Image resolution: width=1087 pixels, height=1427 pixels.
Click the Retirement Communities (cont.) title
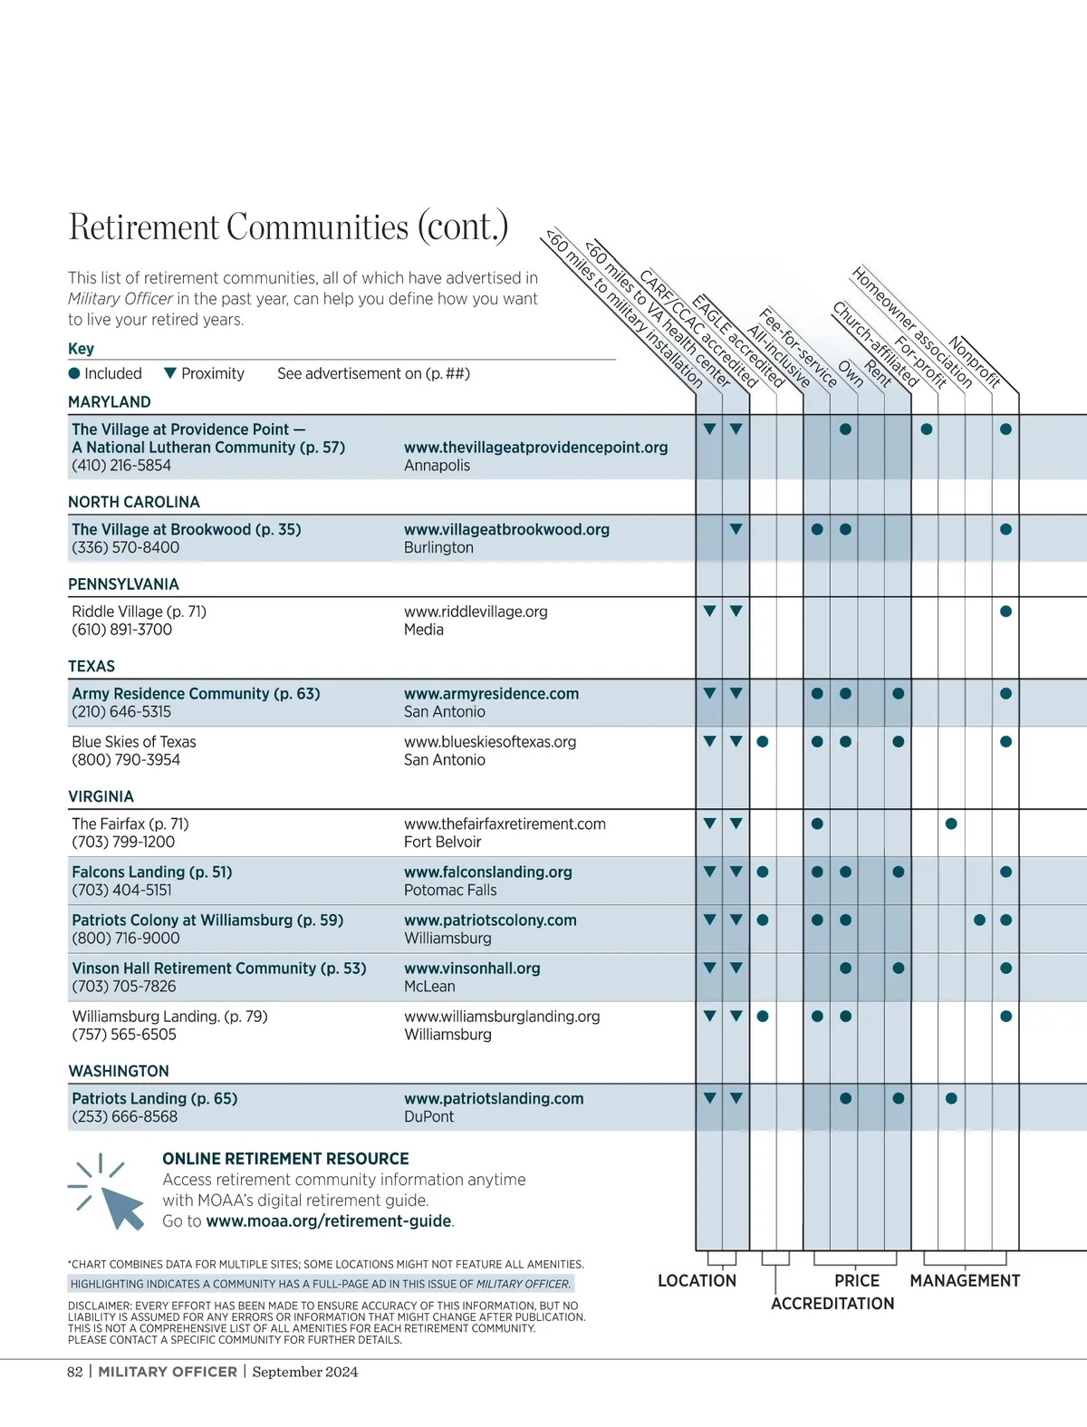point(288,227)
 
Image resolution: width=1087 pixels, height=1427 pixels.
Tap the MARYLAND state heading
point(110,402)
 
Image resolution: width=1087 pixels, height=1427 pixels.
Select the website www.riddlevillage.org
point(476,612)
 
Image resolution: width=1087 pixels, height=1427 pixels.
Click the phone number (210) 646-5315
point(121,712)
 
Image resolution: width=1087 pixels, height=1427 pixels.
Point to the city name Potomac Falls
point(450,891)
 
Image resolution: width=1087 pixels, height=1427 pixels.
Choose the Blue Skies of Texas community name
point(134,742)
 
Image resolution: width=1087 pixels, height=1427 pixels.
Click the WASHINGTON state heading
point(119,1071)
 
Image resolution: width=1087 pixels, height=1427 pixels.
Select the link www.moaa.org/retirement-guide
point(329,1221)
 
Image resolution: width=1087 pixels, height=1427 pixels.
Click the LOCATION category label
point(697,1281)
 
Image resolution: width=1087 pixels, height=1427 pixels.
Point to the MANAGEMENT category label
point(965,1281)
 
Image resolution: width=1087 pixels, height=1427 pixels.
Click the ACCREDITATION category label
point(832,1304)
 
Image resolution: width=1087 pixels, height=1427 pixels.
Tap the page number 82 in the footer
point(75,1372)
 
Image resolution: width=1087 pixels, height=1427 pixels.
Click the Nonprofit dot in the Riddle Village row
point(1005,612)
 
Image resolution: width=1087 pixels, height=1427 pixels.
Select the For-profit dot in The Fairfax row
point(951,824)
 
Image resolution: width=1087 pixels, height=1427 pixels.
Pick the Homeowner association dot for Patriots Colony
point(979,921)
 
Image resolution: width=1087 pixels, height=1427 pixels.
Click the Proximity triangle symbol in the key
point(169,373)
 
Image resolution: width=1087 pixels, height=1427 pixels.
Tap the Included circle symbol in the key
point(74,373)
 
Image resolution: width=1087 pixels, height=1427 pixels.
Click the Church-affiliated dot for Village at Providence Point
point(927,429)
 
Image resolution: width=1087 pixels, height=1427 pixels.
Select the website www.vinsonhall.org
point(472,969)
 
